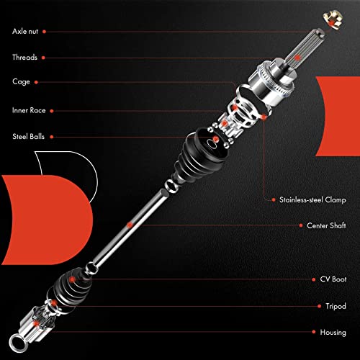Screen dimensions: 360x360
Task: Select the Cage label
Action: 20,83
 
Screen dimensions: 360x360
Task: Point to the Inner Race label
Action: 29,110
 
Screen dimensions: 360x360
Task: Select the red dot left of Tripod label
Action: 315,306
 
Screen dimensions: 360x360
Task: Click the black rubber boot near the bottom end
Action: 65,287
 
